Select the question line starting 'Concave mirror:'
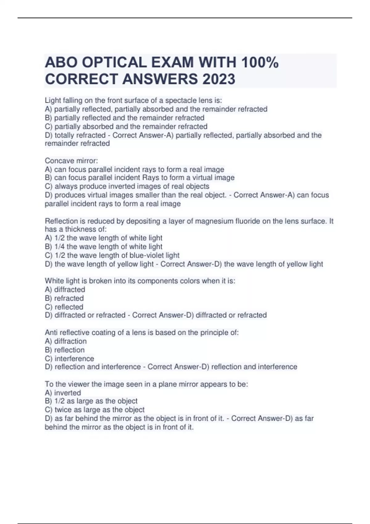click(x=71, y=161)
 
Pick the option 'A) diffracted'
click(x=65, y=289)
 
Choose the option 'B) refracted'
click(x=64, y=298)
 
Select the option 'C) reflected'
click(x=64, y=307)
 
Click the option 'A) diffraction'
click(x=66, y=341)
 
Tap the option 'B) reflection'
click(x=64, y=350)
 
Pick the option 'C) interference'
click(x=69, y=358)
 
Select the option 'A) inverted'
click(x=63, y=393)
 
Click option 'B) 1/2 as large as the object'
click(x=91, y=401)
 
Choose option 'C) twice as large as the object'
click(x=95, y=410)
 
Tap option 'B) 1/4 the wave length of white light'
click(x=104, y=247)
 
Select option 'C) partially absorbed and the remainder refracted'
click(x=126, y=126)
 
